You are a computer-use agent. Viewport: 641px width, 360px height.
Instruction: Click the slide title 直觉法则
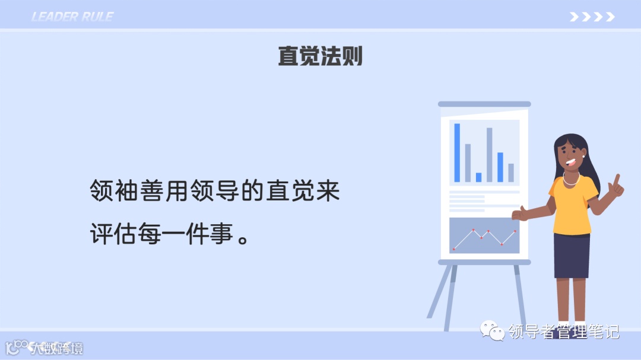320,56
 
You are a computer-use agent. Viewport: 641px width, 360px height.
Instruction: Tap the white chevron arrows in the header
592,17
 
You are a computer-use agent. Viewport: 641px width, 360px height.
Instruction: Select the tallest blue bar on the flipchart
457,152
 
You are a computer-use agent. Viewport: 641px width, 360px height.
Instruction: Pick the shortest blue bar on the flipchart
478,177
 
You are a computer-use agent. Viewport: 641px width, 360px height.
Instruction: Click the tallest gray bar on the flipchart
490,155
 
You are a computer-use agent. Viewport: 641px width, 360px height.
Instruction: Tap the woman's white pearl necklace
571,180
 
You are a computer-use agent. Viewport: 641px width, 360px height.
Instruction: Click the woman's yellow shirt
573,205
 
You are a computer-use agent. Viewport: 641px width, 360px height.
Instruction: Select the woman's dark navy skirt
572,256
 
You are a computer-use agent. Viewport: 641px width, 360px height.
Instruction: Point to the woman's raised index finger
617,179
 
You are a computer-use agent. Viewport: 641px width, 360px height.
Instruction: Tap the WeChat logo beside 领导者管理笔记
492,330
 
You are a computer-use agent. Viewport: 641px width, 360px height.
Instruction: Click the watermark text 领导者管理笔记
563,331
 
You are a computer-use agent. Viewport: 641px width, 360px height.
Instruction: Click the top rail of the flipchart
484,104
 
